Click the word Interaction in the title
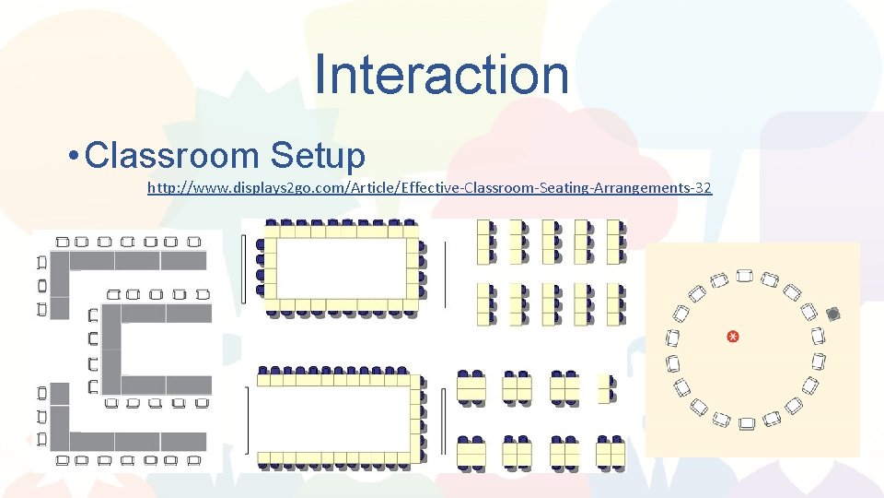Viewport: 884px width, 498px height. pyautogui.click(x=441, y=74)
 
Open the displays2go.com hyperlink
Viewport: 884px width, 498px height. pyautogui.click(x=429, y=187)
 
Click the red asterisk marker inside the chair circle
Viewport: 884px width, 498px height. pyautogui.click(x=733, y=337)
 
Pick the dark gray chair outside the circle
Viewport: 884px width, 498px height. pyautogui.click(x=833, y=314)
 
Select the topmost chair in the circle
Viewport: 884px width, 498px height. pyautogui.click(x=745, y=275)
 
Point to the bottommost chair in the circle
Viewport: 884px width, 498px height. pyautogui.click(x=747, y=423)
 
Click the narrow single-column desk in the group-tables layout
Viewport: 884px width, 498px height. pyautogui.click(x=605, y=389)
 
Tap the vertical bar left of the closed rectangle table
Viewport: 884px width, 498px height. pyautogui.click(x=244, y=268)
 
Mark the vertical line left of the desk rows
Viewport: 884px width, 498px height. pyautogui.click(x=446, y=274)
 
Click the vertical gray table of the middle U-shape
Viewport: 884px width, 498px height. pyautogui.click(x=111, y=350)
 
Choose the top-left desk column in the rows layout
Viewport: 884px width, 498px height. pyautogui.click(x=484, y=242)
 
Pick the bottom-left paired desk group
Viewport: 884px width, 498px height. pyautogui.click(x=471, y=452)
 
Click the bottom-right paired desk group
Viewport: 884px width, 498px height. pyautogui.click(x=611, y=452)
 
